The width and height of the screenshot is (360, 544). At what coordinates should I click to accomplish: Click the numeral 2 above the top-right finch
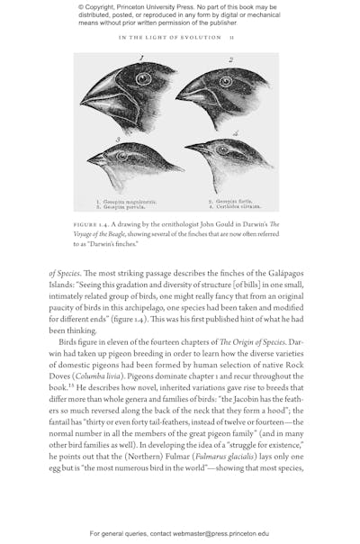pos(230,60)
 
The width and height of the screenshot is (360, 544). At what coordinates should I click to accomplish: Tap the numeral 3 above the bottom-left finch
pos(117,140)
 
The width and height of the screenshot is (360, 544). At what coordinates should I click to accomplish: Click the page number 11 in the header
pos(231,38)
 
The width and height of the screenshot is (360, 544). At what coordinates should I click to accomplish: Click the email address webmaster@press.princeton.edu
pos(216,533)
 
